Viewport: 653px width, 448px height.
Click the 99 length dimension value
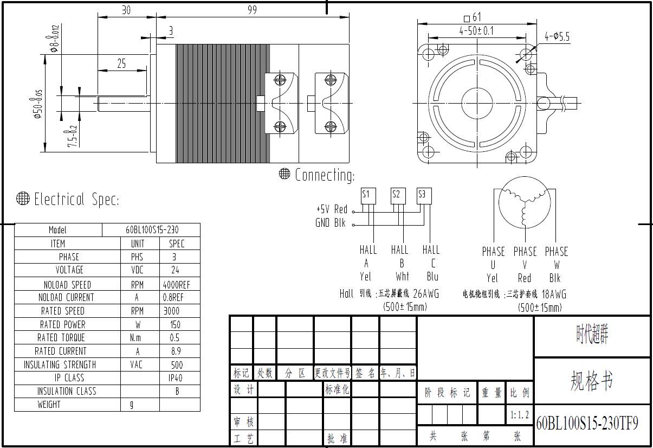[252, 10]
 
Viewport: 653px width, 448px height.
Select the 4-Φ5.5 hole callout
[557, 37]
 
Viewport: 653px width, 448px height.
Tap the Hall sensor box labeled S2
[397, 195]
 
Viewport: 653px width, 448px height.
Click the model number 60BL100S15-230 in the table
[151, 230]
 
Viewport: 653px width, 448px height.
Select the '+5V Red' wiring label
[332, 209]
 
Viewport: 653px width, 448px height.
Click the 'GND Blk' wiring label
[331, 222]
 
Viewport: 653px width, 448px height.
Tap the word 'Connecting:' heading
[324, 175]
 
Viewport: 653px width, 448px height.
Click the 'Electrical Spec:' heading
[76, 200]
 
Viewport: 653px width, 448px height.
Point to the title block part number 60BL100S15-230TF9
[587, 423]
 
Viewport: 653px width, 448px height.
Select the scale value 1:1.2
[519, 415]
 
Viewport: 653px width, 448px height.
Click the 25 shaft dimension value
[121, 64]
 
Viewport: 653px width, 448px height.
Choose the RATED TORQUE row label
[62, 337]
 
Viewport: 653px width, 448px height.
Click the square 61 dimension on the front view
[473, 17]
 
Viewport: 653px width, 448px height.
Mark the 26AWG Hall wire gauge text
[426, 293]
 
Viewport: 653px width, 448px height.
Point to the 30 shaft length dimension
[126, 10]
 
